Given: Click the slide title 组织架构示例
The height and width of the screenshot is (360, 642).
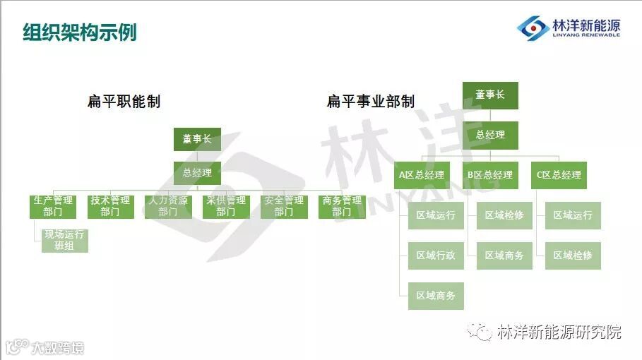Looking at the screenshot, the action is click(79, 32).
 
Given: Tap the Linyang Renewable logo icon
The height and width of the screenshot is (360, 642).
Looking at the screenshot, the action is click(533, 28).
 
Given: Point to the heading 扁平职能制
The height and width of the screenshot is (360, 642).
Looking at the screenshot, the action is click(124, 102).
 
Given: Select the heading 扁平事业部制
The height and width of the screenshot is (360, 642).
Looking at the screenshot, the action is click(370, 102).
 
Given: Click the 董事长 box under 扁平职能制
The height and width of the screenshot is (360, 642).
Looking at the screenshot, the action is click(197, 139).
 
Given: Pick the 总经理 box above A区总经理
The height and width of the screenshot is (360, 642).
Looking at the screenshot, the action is click(490, 135).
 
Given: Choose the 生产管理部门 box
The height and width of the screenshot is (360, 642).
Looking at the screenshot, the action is click(53, 206).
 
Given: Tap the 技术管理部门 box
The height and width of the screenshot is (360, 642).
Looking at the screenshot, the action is click(110, 206).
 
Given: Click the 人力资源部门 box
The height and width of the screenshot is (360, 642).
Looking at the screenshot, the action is click(168, 206).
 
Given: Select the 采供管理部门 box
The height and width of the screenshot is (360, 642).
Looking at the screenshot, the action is click(226, 206).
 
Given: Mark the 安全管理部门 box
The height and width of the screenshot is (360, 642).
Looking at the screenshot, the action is click(284, 206).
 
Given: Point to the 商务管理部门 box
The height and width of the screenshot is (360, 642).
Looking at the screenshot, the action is click(342, 206).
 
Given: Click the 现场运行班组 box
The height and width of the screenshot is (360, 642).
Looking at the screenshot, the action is click(64, 240).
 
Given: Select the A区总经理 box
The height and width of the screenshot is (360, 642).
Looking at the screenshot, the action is click(422, 175).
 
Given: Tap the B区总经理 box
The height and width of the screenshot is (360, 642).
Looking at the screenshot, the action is click(490, 175).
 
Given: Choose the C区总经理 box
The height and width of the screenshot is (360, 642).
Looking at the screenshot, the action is click(559, 175).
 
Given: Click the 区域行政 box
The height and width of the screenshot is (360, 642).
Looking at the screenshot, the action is click(436, 256).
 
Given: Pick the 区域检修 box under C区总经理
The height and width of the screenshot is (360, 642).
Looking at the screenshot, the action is click(573, 256).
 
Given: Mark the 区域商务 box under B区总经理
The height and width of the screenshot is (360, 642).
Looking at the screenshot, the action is click(504, 256).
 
